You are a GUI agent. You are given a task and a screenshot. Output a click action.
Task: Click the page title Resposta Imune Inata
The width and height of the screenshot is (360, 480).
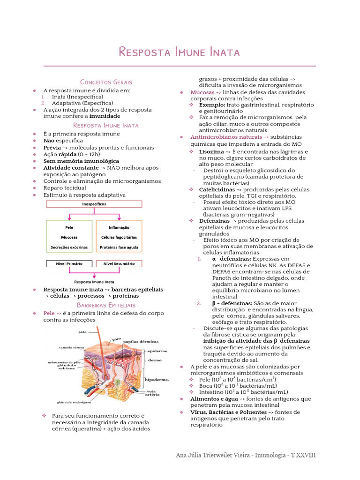[180, 52]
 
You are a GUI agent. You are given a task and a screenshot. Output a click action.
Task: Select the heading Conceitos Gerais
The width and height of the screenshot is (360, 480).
[106, 82]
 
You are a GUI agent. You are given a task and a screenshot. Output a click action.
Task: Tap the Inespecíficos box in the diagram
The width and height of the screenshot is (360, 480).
[94, 204]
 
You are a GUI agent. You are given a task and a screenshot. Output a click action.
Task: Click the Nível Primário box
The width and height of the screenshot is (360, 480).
[69, 263]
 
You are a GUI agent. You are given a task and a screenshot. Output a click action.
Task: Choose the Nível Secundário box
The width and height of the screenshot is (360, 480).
[119, 263]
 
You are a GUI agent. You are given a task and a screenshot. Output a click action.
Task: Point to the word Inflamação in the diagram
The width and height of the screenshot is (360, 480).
[119, 228]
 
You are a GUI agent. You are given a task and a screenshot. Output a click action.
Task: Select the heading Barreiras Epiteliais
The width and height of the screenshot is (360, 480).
[106, 305]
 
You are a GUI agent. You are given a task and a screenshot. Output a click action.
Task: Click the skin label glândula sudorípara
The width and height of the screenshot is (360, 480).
[74, 402]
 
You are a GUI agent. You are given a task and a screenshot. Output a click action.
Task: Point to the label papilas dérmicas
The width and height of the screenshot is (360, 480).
[141, 342]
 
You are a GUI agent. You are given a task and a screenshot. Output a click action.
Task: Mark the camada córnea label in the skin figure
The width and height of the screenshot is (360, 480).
[72, 348]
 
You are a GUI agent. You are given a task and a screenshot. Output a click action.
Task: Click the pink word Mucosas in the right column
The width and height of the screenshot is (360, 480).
[202, 92]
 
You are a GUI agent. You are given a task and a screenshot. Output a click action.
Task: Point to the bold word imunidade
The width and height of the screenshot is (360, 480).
[105, 116]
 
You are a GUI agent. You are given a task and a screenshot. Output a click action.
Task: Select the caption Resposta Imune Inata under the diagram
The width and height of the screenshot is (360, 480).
[94, 282]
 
